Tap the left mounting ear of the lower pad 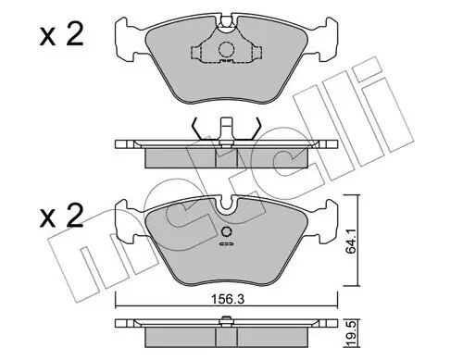128,225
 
